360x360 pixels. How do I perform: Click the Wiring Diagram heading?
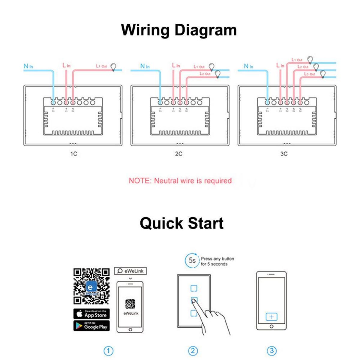179,30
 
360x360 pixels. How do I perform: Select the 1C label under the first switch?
73,154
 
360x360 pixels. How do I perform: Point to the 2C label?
178,154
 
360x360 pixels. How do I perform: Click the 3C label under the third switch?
283,154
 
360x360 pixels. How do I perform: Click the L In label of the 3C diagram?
280,65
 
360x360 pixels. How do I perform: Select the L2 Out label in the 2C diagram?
205,73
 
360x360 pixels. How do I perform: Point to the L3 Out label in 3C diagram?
310,74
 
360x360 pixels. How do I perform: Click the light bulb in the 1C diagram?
113,67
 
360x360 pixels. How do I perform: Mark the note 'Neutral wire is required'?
180,181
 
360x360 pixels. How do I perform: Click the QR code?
91,286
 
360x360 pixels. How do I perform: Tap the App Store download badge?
91,314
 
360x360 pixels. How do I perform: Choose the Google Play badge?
91,326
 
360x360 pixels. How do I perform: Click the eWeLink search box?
130,271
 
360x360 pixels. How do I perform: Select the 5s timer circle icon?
192,260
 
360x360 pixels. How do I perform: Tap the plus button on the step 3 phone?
271,317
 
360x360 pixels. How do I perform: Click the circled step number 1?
109,351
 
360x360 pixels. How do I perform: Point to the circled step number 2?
193,351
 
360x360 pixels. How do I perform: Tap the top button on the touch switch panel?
194,288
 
